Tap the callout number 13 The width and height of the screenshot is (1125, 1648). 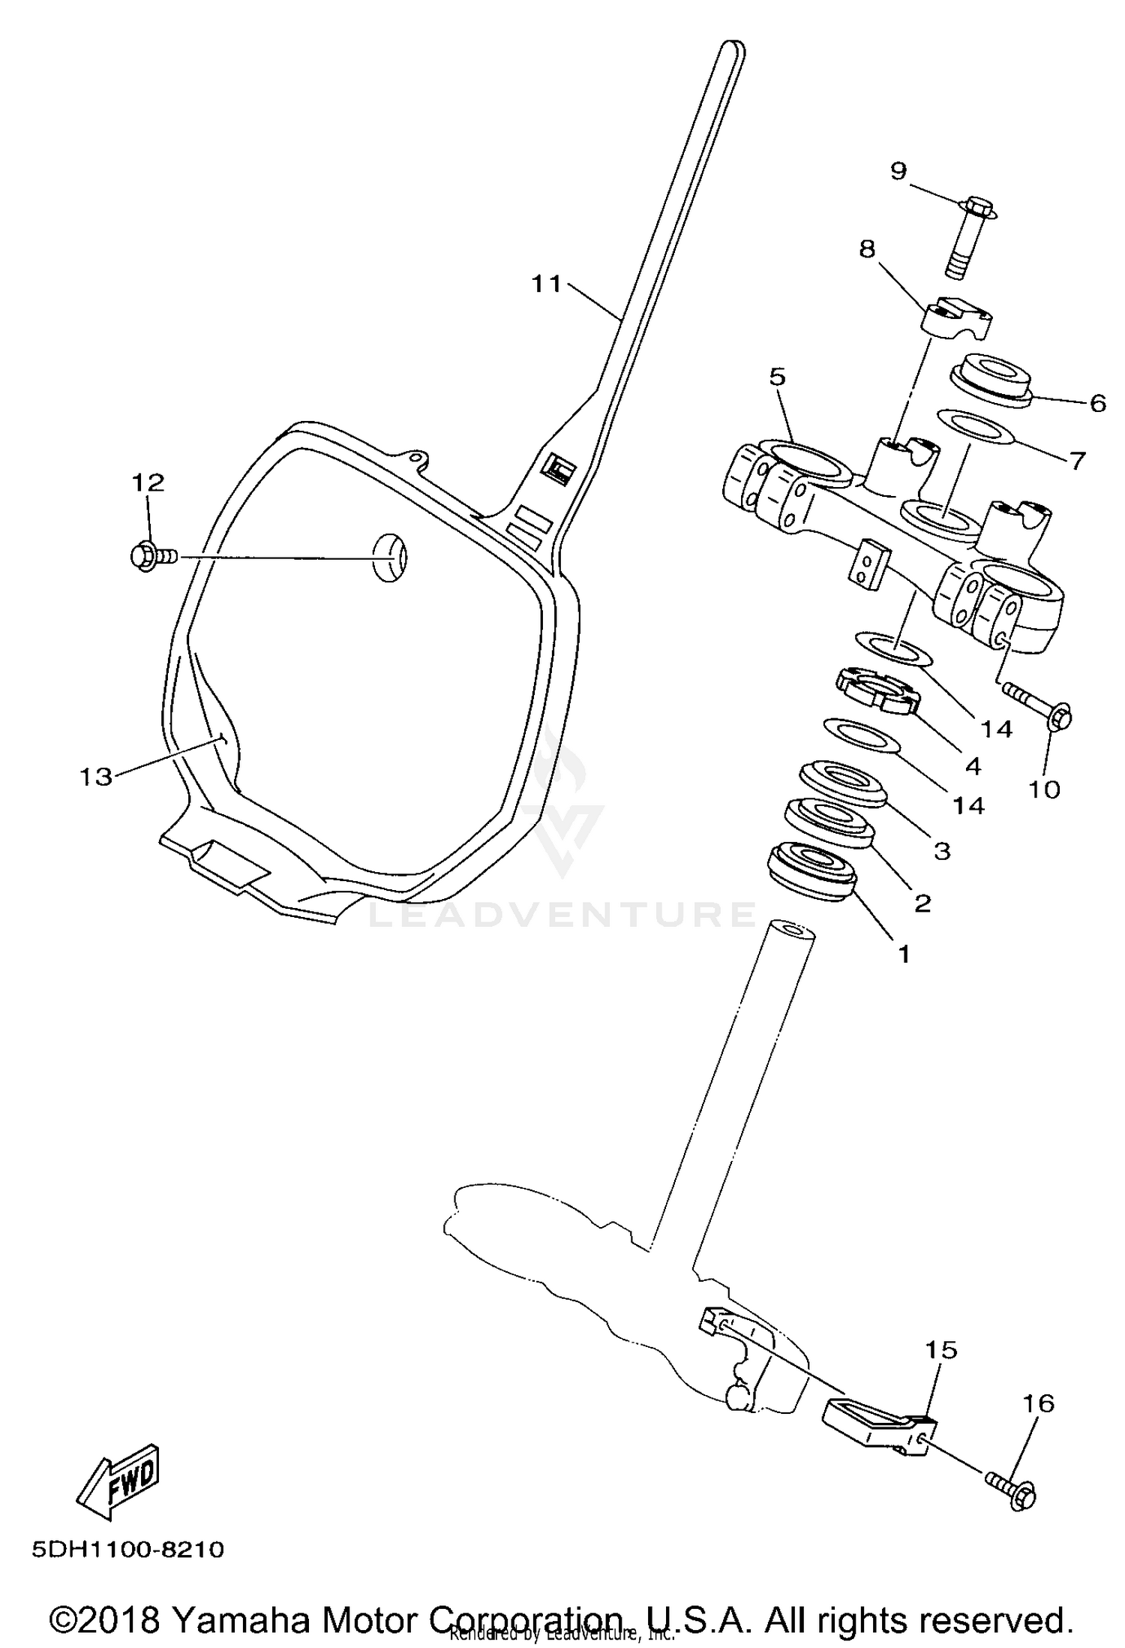[96, 776]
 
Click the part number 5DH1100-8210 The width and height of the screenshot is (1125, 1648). [127, 1548]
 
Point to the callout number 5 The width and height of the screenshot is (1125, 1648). [777, 377]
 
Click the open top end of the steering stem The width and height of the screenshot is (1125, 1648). [790, 935]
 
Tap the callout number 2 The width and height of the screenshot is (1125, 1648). [922, 903]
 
